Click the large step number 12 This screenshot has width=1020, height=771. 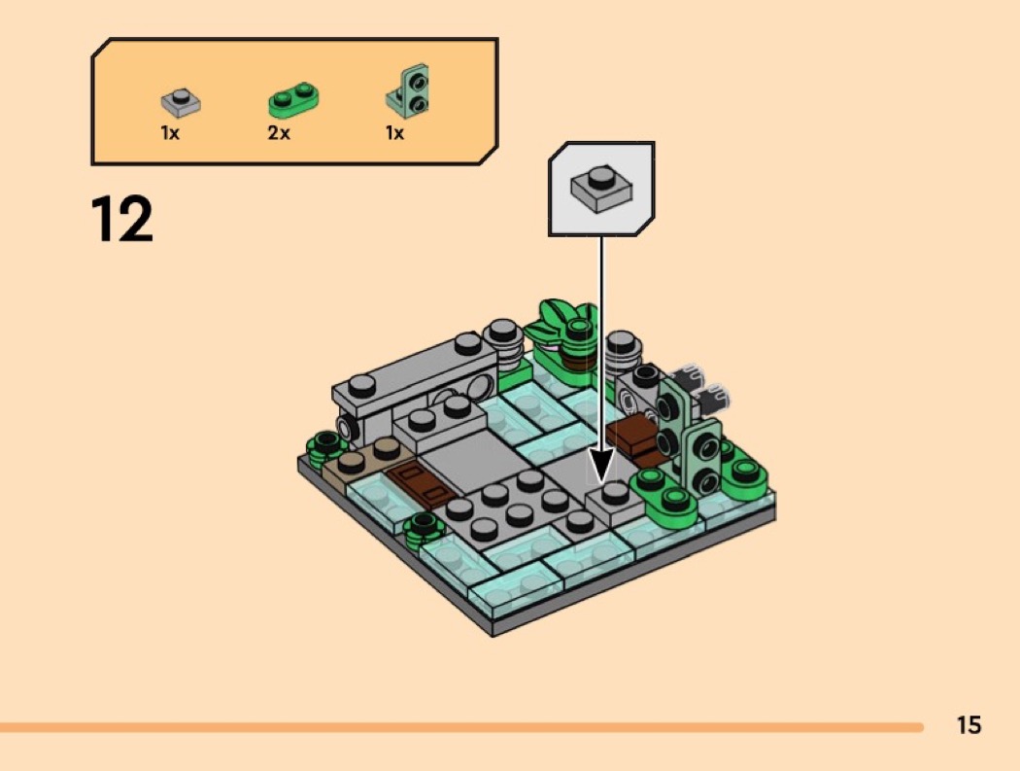pos(121,219)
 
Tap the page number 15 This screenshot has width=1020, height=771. pos(969,724)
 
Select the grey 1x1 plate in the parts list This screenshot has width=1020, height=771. pos(180,101)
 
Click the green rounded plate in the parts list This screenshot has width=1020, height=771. pos(293,99)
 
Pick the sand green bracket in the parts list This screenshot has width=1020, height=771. pos(408,91)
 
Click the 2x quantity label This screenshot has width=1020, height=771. pos(279,133)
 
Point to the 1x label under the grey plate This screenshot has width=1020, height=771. pos(170,133)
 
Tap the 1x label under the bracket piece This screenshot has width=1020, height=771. pos(394,133)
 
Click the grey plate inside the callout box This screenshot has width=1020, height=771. pos(601,189)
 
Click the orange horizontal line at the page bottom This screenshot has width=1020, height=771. pos(461,726)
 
